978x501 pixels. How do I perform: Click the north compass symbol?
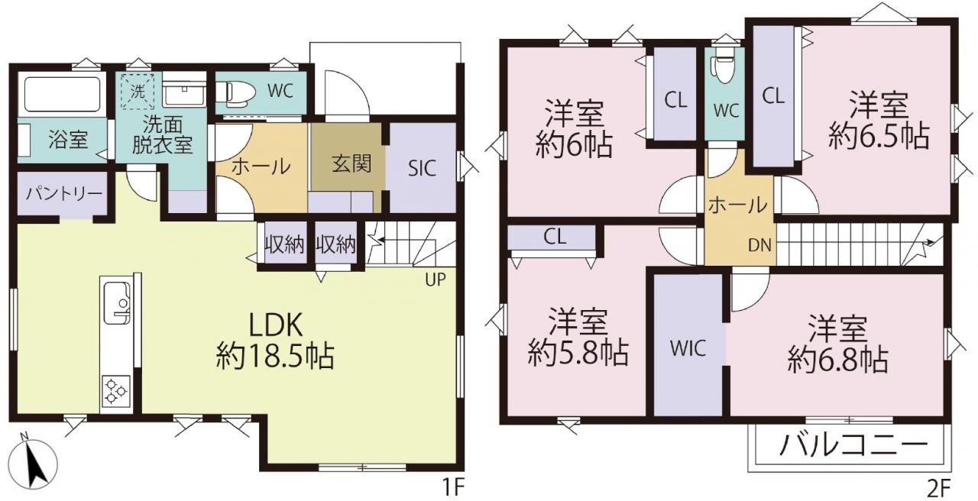point(33,464)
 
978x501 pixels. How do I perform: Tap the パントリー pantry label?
point(63,193)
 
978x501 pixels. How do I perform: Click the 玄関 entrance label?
point(351,164)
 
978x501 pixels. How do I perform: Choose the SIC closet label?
point(422,168)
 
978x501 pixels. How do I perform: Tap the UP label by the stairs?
point(436,280)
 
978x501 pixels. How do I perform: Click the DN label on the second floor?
point(759,245)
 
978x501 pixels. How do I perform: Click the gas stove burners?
point(116,390)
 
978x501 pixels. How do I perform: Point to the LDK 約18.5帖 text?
point(275,341)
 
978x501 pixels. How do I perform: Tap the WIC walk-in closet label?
point(688,349)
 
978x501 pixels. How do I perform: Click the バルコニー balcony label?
point(853,445)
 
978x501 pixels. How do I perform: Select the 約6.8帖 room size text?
point(838,360)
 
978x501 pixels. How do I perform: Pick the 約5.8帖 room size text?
point(578,353)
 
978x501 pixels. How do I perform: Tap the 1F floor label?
point(453,487)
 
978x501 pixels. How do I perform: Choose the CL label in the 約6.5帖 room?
point(773,96)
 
